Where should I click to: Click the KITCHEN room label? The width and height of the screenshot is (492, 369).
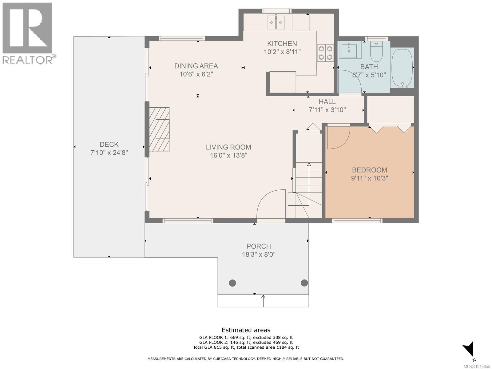(x=282, y=43)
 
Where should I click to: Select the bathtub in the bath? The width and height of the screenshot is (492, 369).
(x=402, y=68)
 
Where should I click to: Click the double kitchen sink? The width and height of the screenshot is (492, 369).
(x=276, y=22)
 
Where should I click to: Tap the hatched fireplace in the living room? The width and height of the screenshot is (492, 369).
(x=159, y=130)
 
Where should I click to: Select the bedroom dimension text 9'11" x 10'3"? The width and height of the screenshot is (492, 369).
(x=369, y=178)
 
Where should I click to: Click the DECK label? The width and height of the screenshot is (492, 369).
(x=109, y=144)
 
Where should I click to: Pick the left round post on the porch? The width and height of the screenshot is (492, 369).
(x=232, y=283)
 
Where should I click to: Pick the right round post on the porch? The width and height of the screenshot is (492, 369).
(x=304, y=283)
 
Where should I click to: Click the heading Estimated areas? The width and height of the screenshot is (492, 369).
(x=246, y=330)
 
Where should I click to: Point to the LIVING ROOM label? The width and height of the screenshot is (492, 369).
(x=228, y=147)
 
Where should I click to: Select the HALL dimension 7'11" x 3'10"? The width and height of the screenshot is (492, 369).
(x=327, y=110)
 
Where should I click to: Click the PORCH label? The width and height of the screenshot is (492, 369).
(x=259, y=246)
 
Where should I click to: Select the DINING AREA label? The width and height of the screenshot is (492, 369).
(x=196, y=66)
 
